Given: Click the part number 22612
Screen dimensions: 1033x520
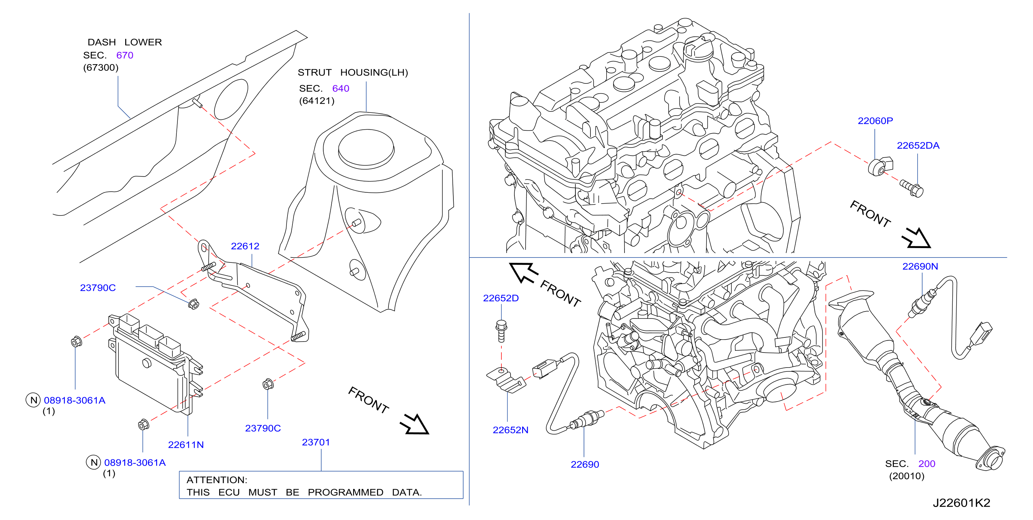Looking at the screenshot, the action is tap(245, 246).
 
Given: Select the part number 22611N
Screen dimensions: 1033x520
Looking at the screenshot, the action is tap(186, 445).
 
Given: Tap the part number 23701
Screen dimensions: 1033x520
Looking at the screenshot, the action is tap(316, 442).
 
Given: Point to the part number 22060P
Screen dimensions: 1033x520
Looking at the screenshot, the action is tap(875, 121).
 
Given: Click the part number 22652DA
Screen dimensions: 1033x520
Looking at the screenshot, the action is tap(918, 145).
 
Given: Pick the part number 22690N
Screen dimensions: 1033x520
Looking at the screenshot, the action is tap(920, 266).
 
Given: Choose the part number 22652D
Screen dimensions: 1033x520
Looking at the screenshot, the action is tap(501, 298).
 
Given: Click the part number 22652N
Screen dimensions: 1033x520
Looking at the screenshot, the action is tap(511, 430).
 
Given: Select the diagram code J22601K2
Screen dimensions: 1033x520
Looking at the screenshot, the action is tap(961, 503).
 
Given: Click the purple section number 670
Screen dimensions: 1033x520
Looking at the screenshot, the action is tap(125, 55).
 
